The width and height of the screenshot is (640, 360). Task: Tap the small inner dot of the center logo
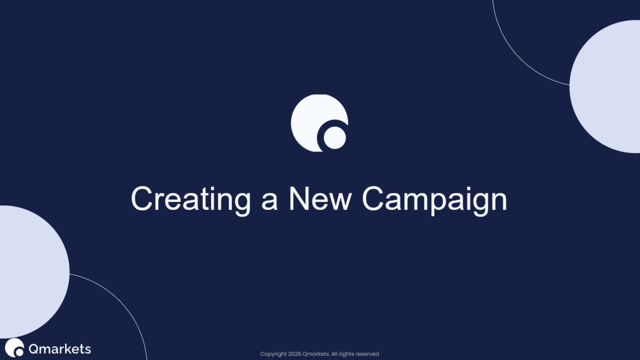pos(335,138)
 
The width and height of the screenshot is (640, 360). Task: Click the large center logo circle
pos(310,117)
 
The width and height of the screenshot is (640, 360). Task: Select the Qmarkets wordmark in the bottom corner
pos(60,349)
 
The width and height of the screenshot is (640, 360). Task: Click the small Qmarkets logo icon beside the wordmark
pos(14,347)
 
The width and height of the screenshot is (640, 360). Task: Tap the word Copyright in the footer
pos(273,354)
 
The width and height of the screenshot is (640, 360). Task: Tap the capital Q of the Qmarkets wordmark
pos(34,349)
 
